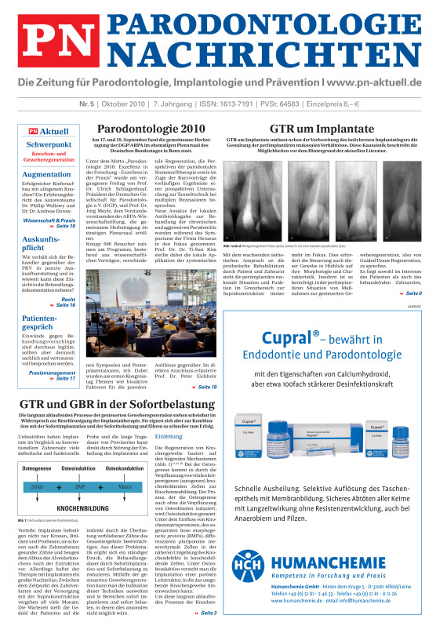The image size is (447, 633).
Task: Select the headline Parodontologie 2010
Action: pos(150,128)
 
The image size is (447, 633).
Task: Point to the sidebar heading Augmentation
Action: pos(47,174)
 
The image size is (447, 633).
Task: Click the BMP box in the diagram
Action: pos(80,486)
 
